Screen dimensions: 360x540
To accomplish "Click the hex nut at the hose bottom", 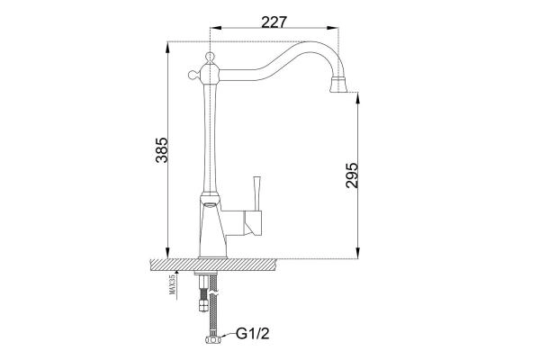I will (213, 339).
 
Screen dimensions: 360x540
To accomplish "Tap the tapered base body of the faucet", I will (209, 229).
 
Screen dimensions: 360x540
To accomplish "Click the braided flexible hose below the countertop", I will (213, 306).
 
